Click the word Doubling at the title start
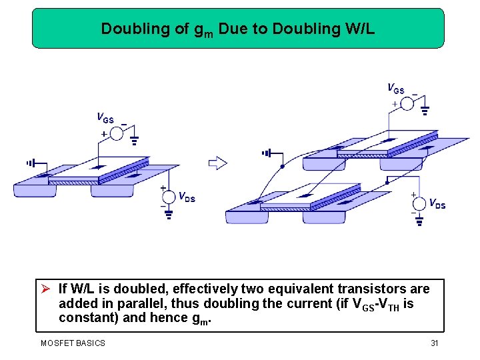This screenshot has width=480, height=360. click(126, 29)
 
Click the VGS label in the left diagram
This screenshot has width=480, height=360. click(105, 119)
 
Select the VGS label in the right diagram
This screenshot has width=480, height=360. click(396, 88)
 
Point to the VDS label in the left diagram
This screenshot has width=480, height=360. click(187, 197)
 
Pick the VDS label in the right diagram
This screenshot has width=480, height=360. click(437, 203)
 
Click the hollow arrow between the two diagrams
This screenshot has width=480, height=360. click(218, 163)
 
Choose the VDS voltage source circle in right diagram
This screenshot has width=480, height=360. click(419, 203)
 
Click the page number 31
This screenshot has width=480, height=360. click(434, 343)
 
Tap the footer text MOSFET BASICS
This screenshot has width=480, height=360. click(73, 343)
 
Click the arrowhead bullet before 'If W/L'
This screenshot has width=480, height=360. click(46, 289)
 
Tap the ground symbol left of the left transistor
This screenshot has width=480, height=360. click(30, 163)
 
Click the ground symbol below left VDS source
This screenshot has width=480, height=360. click(169, 215)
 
